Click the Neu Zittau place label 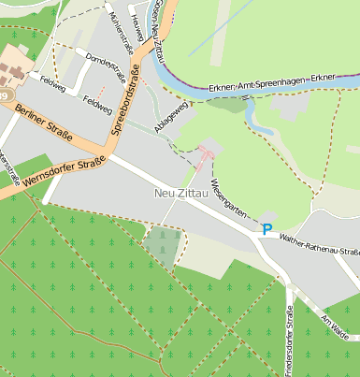[x=178, y=194]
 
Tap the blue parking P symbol [x=267, y=228]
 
